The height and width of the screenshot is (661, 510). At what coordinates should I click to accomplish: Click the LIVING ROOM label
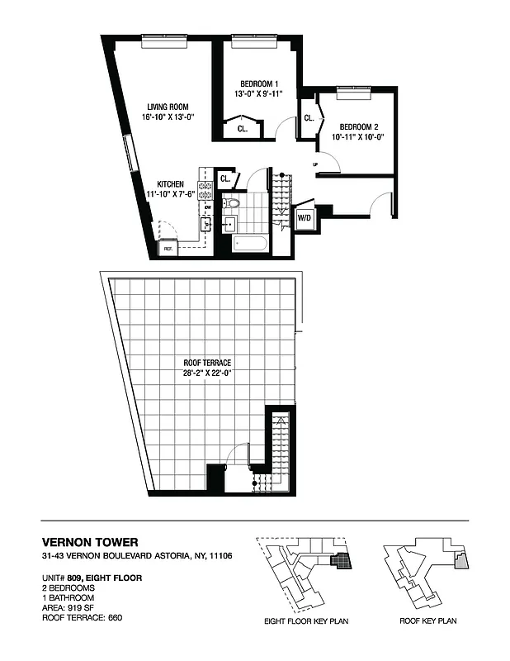click(x=168, y=107)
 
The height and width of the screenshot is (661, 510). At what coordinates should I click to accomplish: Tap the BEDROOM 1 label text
click(x=259, y=83)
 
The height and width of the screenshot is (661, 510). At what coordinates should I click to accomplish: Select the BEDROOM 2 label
click(x=359, y=126)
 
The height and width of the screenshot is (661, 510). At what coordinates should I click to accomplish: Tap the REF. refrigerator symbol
click(x=168, y=248)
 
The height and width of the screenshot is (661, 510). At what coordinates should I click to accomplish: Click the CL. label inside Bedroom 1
click(x=243, y=129)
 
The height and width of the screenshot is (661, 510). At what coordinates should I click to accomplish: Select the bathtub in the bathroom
click(x=250, y=243)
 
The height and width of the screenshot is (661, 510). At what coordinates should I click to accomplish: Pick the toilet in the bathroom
click(x=234, y=203)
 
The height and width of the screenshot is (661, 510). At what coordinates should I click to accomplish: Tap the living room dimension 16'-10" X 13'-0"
click(x=168, y=117)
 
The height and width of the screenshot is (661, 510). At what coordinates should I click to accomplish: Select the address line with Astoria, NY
click(x=137, y=556)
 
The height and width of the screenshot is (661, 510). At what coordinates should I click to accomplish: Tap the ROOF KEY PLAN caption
click(x=427, y=621)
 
